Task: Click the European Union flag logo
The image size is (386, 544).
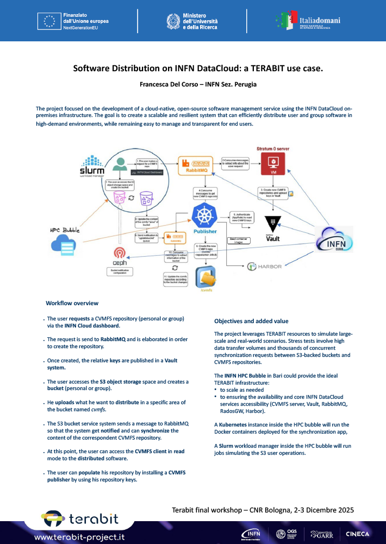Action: (x=49, y=21)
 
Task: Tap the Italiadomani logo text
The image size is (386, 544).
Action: (x=320, y=20)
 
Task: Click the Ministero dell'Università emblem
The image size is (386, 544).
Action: (x=172, y=21)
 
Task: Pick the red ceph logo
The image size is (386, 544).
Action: (x=120, y=255)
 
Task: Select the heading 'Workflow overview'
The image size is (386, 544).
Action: (x=72, y=303)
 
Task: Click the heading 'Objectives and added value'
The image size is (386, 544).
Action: (x=251, y=321)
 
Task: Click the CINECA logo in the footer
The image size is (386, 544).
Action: (x=357, y=534)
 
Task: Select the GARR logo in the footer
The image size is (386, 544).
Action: (x=321, y=534)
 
